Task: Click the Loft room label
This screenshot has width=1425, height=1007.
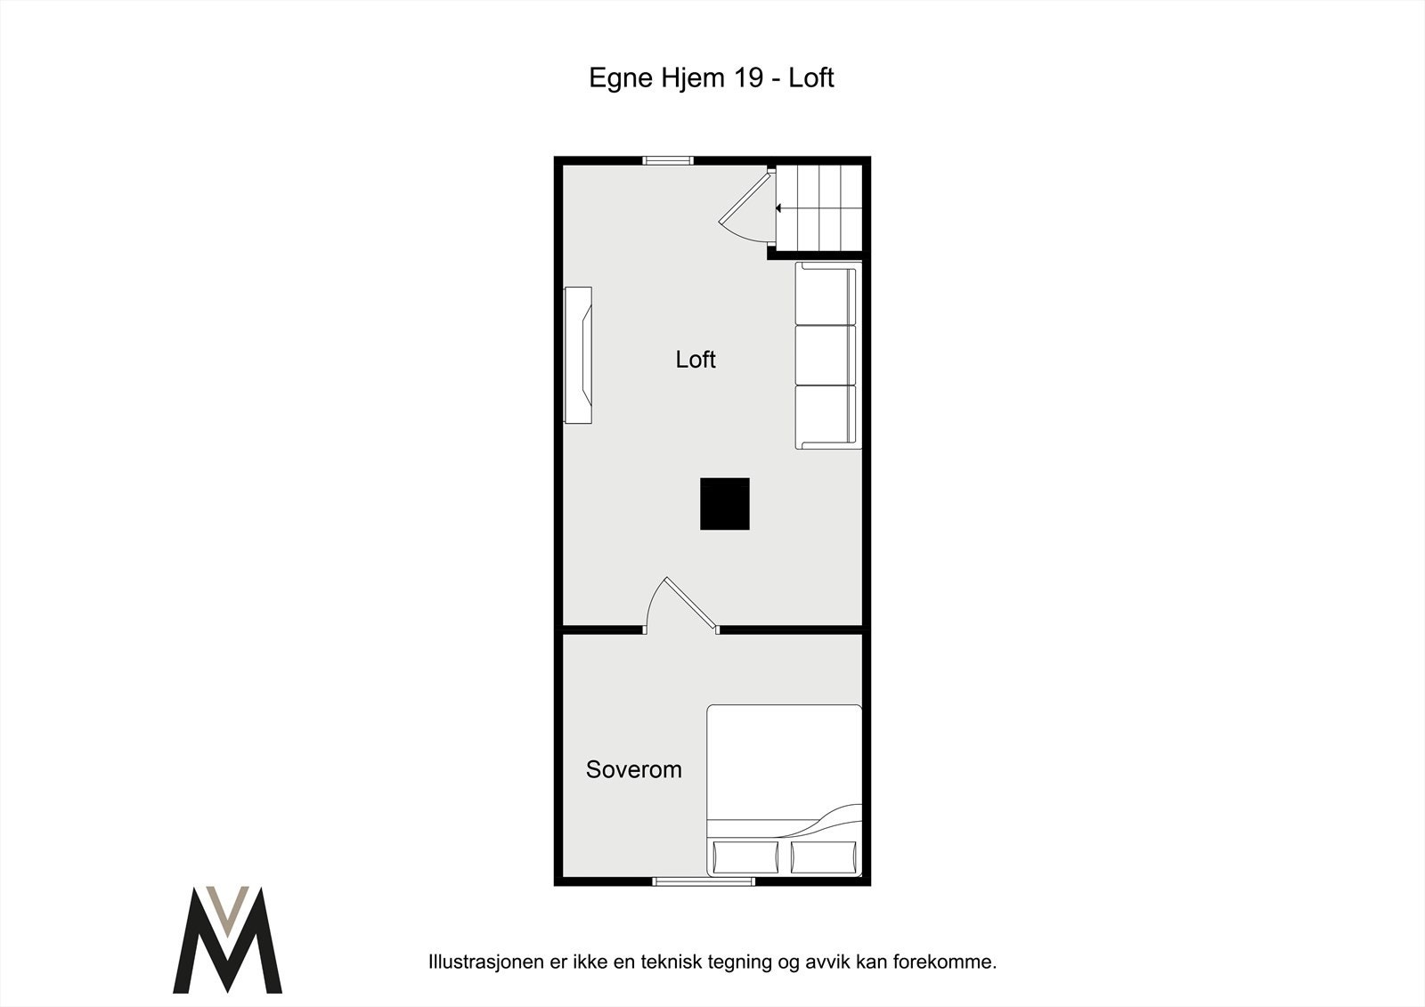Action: pyautogui.click(x=696, y=360)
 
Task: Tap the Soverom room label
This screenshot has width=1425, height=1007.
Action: pyautogui.click(x=633, y=769)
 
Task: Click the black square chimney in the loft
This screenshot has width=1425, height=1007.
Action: pyautogui.click(x=724, y=504)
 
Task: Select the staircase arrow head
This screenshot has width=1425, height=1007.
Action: pyautogui.click(x=778, y=208)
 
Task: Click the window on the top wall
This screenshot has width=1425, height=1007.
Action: pyautogui.click(x=668, y=161)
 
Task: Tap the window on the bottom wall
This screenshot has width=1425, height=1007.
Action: pyautogui.click(x=704, y=881)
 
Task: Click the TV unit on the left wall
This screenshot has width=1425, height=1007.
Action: pyautogui.click(x=579, y=354)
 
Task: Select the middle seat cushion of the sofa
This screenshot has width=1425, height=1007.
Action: pyautogui.click(x=824, y=355)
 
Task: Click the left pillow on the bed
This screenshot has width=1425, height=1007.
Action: pyautogui.click(x=745, y=857)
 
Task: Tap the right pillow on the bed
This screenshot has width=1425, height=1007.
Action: pyautogui.click(x=825, y=857)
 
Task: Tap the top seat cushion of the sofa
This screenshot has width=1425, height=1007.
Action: pyautogui.click(x=824, y=296)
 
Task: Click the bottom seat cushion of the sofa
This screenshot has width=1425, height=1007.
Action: pyautogui.click(x=824, y=415)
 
